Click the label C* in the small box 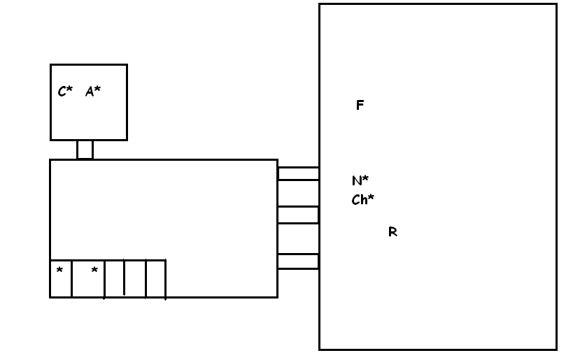click(65, 91)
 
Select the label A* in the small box click(93, 91)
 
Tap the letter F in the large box click(360, 106)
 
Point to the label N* click(360, 180)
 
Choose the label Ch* click(362, 199)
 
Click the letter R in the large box click(392, 232)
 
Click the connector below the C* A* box click(85, 150)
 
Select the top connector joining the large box click(298, 173)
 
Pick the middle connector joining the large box click(298, 215)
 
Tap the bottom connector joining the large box click(298, 261)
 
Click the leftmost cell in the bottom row click(61, 278)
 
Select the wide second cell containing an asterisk click(88, 278)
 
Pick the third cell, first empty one click(114, 278)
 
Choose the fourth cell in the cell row click(135, 278)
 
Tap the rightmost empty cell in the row click(155, 278)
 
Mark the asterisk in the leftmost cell click(59, 270)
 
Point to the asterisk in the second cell click(94, 270)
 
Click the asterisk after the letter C click(69, 89)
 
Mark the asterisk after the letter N click(365, 178)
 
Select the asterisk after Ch click(371, 197)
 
